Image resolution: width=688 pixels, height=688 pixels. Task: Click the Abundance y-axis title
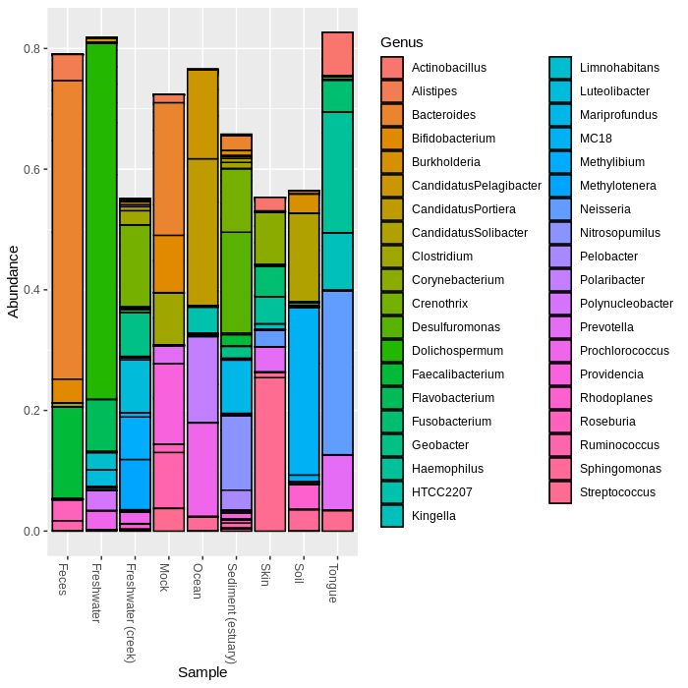coord(13,281)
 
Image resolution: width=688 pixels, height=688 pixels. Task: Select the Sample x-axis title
coord(202,673)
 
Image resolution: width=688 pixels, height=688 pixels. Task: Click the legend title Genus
coord(401,42)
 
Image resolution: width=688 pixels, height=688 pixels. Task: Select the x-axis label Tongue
coord(333,584)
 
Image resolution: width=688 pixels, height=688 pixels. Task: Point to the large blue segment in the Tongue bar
coord(337,373)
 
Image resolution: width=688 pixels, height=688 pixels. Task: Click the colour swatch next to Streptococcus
coord(561,492)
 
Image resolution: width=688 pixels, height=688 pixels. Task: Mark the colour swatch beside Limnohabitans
coord(561,68)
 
